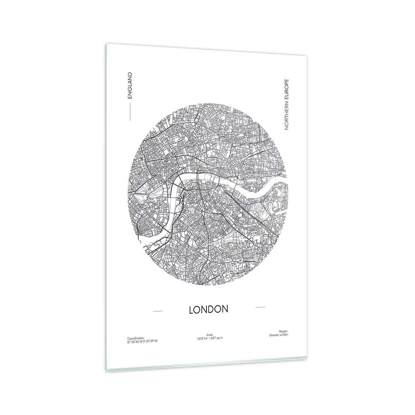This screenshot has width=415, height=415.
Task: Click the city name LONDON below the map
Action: pos(209,309)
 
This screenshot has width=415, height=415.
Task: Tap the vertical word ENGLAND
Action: pos(130,85)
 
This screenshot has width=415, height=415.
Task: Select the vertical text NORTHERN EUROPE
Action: pos(286,104)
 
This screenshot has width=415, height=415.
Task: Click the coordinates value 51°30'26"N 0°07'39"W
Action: pos(142,341)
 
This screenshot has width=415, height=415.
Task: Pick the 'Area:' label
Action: pos(210,335)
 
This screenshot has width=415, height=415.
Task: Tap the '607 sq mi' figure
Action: pos(217,338)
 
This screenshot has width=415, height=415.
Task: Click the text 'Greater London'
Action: pos(278,334)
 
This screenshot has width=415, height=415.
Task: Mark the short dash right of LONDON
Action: pos(260,307)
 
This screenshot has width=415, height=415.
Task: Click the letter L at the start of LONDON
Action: pos(191,310)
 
